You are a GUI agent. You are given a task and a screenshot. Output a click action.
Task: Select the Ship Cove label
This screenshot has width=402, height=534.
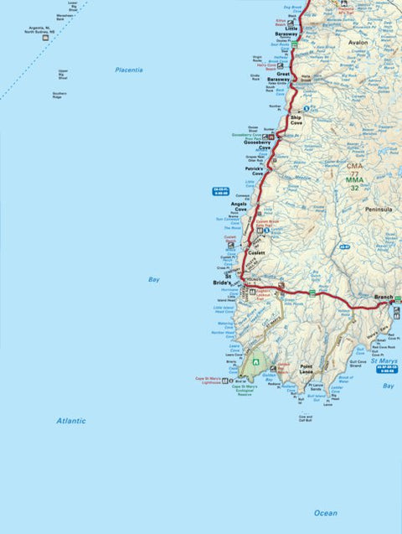point(296,120)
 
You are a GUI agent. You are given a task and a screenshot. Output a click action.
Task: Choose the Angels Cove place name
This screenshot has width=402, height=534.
point(240,206)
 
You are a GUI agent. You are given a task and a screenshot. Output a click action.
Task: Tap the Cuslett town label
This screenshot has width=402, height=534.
point(256,252)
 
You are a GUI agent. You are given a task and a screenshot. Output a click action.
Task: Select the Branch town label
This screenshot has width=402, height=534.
point(384,297)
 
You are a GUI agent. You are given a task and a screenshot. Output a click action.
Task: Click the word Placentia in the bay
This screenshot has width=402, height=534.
point(129,70)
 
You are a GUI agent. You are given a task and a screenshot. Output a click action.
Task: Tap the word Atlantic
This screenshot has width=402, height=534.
point(71,420)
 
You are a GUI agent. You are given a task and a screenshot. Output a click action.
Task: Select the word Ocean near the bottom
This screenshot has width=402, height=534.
point(325,512)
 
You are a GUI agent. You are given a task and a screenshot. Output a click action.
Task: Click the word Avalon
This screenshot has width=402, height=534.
point(358,41)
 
